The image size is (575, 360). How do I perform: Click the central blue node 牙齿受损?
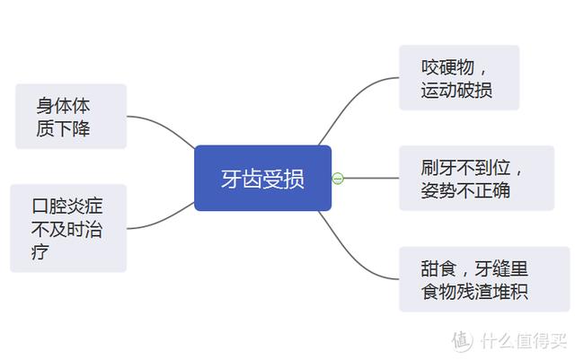coord(262,178)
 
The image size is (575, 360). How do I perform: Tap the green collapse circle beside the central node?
coord(338,179)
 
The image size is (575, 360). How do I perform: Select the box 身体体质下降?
coord(71,116)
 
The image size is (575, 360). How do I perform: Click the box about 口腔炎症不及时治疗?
coord(68,228)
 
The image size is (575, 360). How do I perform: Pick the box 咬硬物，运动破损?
coord(459,78)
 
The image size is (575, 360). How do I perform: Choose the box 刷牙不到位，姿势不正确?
coord(477,178)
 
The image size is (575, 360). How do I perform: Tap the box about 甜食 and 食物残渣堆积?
coord(484,279)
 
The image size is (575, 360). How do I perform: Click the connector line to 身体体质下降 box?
coord(163,126)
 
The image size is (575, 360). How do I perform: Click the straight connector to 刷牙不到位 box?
coord(371,178)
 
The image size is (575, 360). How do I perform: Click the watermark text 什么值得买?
coord(524,341)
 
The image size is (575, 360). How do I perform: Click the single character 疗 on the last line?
coord(40,252)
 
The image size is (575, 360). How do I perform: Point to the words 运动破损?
coord(456,90)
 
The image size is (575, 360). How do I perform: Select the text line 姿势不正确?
coord(465,190)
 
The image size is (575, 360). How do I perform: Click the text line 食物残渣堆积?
coord(474,292)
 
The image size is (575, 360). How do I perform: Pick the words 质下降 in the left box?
coord(63,128)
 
